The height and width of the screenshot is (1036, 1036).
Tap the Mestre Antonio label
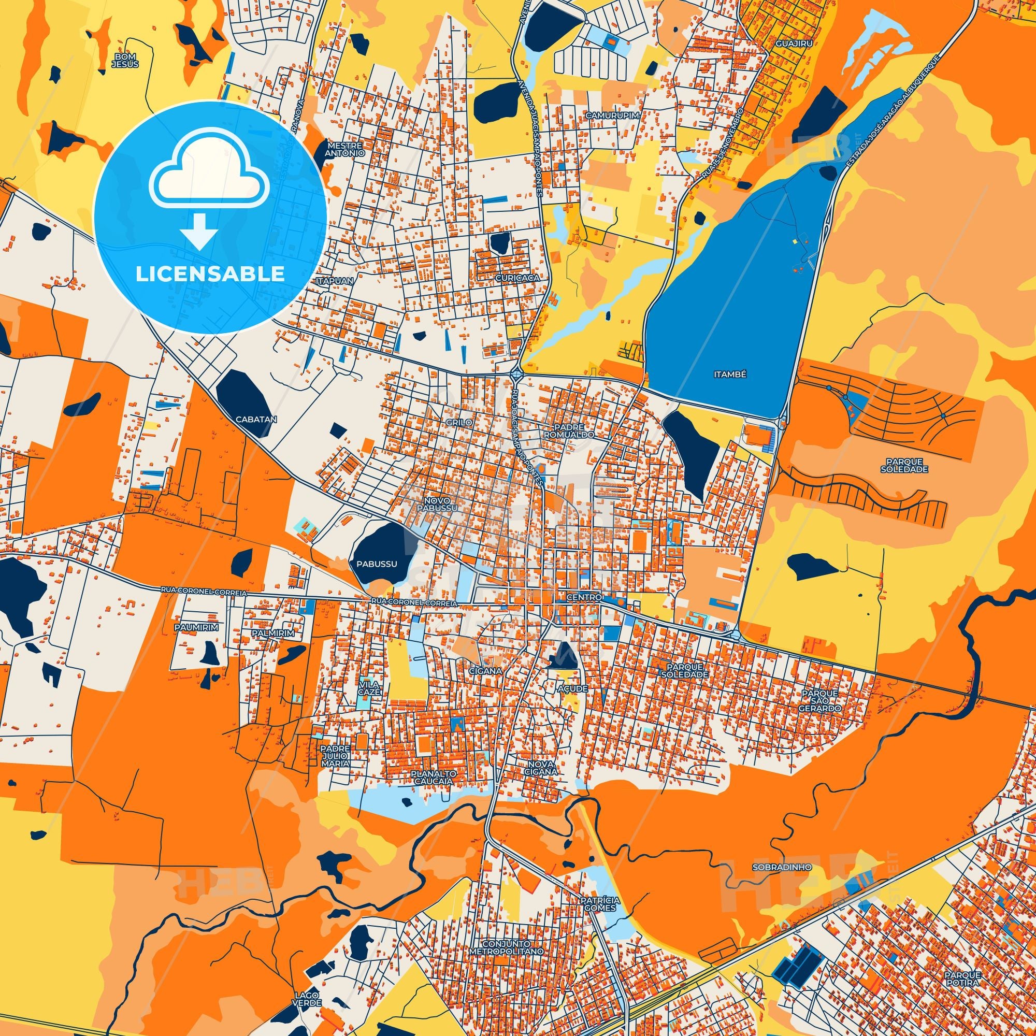(346, 149)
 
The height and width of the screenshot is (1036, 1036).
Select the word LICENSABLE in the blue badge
(210, 274)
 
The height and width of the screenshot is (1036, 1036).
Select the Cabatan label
(255, 420)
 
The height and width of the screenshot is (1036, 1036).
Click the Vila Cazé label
(370, 688)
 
